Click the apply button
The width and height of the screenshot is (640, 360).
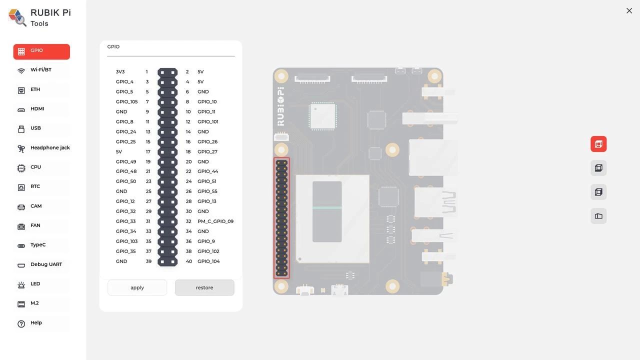(x=137, y=287)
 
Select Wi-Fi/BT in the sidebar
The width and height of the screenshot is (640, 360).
(x=41, y=70)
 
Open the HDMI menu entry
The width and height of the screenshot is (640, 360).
(x=37, y=109)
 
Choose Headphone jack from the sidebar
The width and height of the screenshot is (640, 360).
(x=49, y=148)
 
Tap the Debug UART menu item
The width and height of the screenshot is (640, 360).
(x=46, y=264)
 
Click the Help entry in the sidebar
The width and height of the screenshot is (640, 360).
(x=36, y=323)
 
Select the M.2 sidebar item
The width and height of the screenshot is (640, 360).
(x=34, y=303)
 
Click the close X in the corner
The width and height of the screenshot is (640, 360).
(x=629, y=10)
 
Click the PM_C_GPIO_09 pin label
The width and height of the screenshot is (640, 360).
(x=215, y=221)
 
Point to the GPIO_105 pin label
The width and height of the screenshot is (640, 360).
(x=126, y=101)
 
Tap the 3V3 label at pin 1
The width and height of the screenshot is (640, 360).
(x=120, y=72)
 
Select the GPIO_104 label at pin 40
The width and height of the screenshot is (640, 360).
(x=208, y=261)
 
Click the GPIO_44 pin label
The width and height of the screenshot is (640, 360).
(x=207, y=171)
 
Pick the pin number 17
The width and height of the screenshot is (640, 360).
(x=148, y=151)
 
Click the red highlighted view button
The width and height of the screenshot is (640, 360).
(x=598, y=144)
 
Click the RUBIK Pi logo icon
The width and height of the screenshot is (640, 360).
(x=17, y=17)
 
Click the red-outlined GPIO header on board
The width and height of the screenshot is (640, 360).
(x=281, y=218)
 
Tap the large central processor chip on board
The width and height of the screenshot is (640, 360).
(x=332, y=218)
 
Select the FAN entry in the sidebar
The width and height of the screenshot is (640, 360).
(x=35, y=225)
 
